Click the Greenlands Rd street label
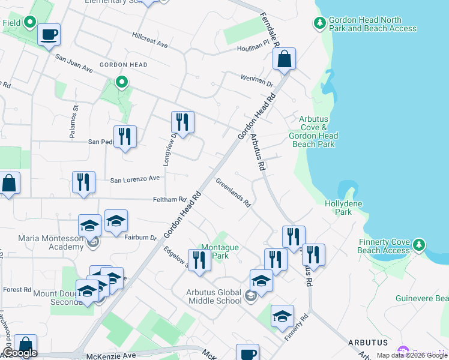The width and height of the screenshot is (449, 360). click(x=233, y=192)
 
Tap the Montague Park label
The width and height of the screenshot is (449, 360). click(x=220, y=251)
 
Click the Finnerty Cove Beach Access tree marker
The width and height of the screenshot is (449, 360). click(x=419, y=245)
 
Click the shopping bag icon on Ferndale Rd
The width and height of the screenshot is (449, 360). click(x=285, y=59)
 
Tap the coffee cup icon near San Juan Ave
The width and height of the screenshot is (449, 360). click(x=49, y=34)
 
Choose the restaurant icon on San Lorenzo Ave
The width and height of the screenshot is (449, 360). click(x=83, y=182)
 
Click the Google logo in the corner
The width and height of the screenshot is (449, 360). click(x=20, y=353)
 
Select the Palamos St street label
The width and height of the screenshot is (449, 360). click(x=74, y=122)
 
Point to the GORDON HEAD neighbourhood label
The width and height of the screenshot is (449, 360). click(x=123, y=65)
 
